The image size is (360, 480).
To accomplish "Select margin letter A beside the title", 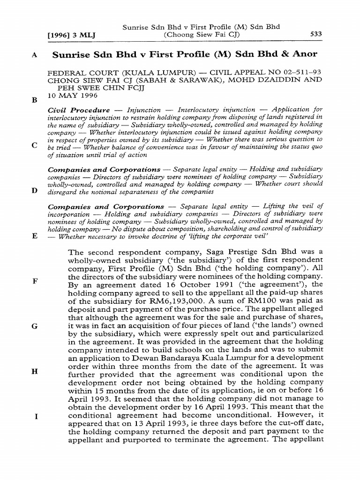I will click(x=34, y=54).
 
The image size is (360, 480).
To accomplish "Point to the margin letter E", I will click(x=34, y=236).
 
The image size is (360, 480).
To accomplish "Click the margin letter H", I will click(x=34, y=371).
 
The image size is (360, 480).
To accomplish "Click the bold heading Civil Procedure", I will click(x=79, y=110).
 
